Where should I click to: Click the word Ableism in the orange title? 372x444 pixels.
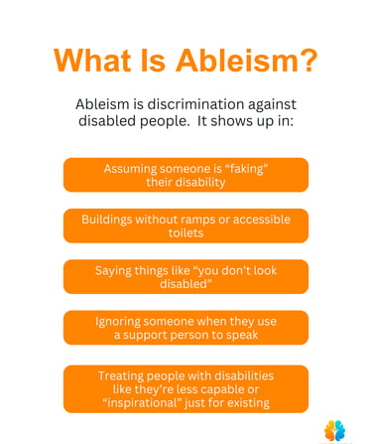coord(238,61)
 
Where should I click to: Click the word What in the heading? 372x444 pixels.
coord(92,61)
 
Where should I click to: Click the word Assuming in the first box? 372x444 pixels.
coord(130,169)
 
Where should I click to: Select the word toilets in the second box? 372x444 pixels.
coord(186,232)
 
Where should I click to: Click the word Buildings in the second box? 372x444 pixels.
coord(107,220)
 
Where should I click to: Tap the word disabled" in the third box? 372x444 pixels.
coord(186,284)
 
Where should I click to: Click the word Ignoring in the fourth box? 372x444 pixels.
coord(118,322)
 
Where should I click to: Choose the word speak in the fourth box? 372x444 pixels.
coord(242,335)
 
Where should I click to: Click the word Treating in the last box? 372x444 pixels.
coord(121,376)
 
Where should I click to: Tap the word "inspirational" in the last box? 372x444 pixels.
coord(142,403)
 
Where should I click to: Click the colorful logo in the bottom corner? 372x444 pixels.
coord(334,431)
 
